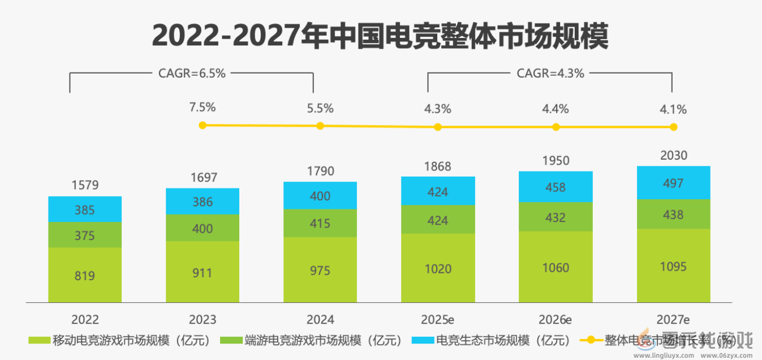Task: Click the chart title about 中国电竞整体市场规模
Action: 380,36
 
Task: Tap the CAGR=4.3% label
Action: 550,73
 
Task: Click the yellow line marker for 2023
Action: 203,125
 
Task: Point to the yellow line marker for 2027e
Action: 673,127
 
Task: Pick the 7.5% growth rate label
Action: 203,108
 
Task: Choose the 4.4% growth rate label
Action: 556,109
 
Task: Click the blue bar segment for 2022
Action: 85,209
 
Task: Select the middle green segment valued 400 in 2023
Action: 203,228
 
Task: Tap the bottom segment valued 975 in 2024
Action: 320,270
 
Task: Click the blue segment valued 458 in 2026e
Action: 556,187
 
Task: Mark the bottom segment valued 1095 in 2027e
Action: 673,266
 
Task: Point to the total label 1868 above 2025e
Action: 437,166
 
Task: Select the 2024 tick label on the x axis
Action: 320,319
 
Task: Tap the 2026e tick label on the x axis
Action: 556,319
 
